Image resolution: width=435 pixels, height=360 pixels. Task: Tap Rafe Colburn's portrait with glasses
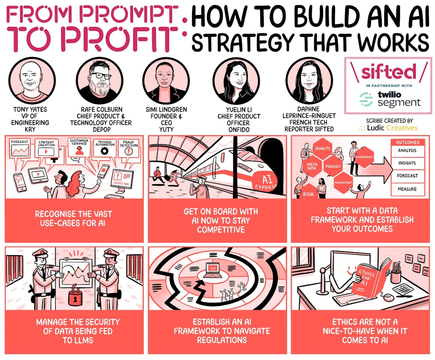coord(99,80)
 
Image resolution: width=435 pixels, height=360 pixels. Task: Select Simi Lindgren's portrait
coord(166,80)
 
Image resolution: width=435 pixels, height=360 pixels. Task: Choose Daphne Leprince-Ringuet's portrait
coord(309,80)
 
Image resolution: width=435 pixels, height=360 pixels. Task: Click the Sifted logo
coord(388,72)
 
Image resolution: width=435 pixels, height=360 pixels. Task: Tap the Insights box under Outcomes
coord(407,163)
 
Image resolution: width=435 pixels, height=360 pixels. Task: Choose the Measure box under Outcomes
coord(407,189)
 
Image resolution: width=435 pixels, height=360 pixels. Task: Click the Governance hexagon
coord(364,156)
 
